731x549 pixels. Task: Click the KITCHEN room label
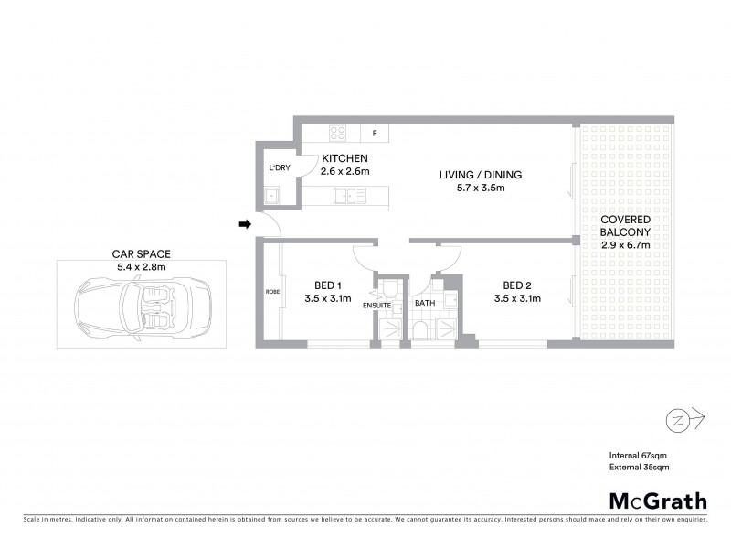tap(344, 158)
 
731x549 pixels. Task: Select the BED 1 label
tap(326, 284)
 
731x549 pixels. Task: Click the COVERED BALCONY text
tap(625, 226)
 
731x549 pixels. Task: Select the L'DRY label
tap(279, 168)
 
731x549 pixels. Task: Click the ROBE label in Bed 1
tap(271, 292)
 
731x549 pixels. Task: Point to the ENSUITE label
tap(376, 305)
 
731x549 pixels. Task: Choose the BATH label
tap(425, 303)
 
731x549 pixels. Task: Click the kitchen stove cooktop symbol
tap(337, 133)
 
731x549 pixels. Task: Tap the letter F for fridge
tap(374, 134)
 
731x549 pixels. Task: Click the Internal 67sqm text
tap(640, 456)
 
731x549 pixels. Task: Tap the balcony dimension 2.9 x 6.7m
tap(625, 245)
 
